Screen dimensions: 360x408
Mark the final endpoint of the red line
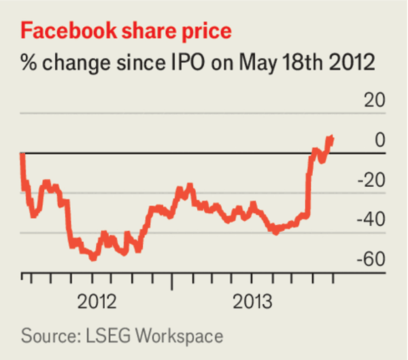[332, 138]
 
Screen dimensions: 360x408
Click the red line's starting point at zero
[22, 154]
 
